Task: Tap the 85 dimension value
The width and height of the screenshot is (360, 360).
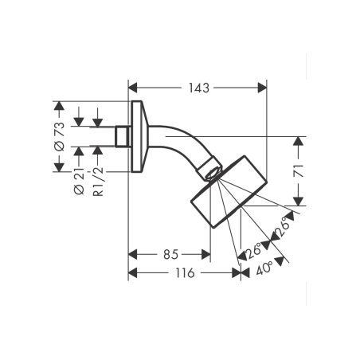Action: point(169,255)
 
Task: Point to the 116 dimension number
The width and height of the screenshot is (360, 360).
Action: point(184,273)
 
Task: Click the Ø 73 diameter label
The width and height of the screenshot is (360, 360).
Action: point(59,136)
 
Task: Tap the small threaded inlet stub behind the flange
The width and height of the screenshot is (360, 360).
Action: point(123,136)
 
